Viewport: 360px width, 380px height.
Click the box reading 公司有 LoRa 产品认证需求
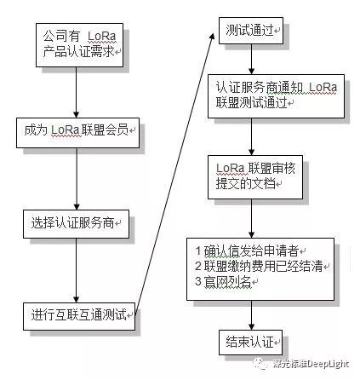pos(79,45)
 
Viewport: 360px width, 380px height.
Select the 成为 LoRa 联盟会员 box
pos(77,133)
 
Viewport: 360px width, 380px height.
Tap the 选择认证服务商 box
pos(76,224)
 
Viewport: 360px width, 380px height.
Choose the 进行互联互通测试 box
pos(79,316)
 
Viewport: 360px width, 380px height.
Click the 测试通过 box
pos(251,31)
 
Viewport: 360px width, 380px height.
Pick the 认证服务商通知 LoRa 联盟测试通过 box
pos(276,96)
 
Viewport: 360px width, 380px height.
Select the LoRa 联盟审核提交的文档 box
pos(255,177)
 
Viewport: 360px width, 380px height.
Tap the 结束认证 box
pos(250,343)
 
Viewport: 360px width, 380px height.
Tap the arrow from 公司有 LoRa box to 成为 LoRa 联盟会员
pos(76,93)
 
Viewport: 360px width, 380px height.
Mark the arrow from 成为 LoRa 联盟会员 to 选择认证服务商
pos(77,179)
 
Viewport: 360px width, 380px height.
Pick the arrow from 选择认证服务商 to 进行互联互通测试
pos(76,271)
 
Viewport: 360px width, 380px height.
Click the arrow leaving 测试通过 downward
pos(251,60)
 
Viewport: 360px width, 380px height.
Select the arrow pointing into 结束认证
pos(251,315)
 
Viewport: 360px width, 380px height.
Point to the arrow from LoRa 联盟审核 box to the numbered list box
pos(251,218)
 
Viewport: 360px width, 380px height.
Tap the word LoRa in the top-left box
pos(102,37)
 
